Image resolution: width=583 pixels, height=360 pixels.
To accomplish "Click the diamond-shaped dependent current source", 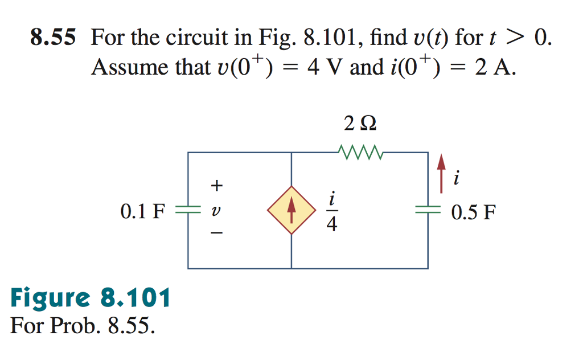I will click(291, 210).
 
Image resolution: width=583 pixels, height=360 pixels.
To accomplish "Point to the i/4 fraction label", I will click(331, 211).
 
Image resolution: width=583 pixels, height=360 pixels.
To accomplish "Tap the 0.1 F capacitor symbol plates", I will click(188, 210).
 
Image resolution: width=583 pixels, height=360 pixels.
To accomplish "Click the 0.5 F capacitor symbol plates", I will click(428, 210).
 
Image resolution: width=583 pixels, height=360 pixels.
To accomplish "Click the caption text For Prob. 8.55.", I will click(82, 326).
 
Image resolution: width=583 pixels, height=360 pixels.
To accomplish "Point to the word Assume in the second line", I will click(127, 68).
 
